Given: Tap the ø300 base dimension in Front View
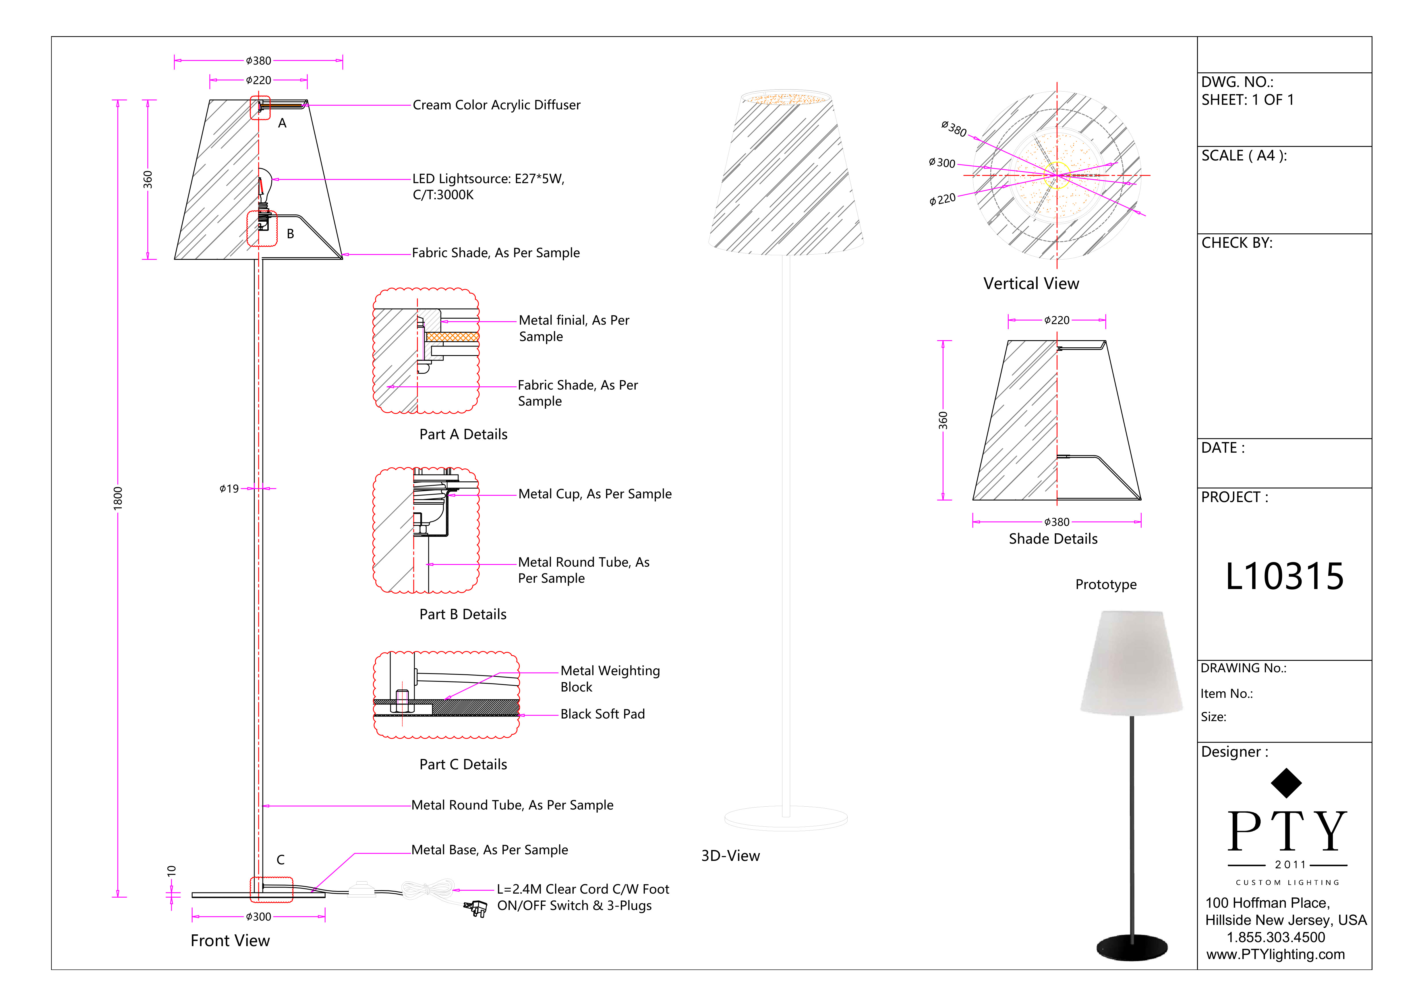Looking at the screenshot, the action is coord(258,916).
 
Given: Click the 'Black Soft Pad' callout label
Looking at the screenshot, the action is coord(602,714).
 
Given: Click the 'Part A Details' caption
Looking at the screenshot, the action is coord(463,434).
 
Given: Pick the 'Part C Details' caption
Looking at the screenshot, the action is coord(463,764).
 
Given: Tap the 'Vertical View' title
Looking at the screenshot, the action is coord(1031,284).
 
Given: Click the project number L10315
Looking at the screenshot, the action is coord(1284,576).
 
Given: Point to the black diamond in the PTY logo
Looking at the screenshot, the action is coord(1286,783).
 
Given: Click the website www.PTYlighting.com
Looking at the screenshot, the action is coord(1275,954).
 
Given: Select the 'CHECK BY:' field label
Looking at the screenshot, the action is coord(1236,243).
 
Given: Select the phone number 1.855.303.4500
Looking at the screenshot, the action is coord(1275,937).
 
